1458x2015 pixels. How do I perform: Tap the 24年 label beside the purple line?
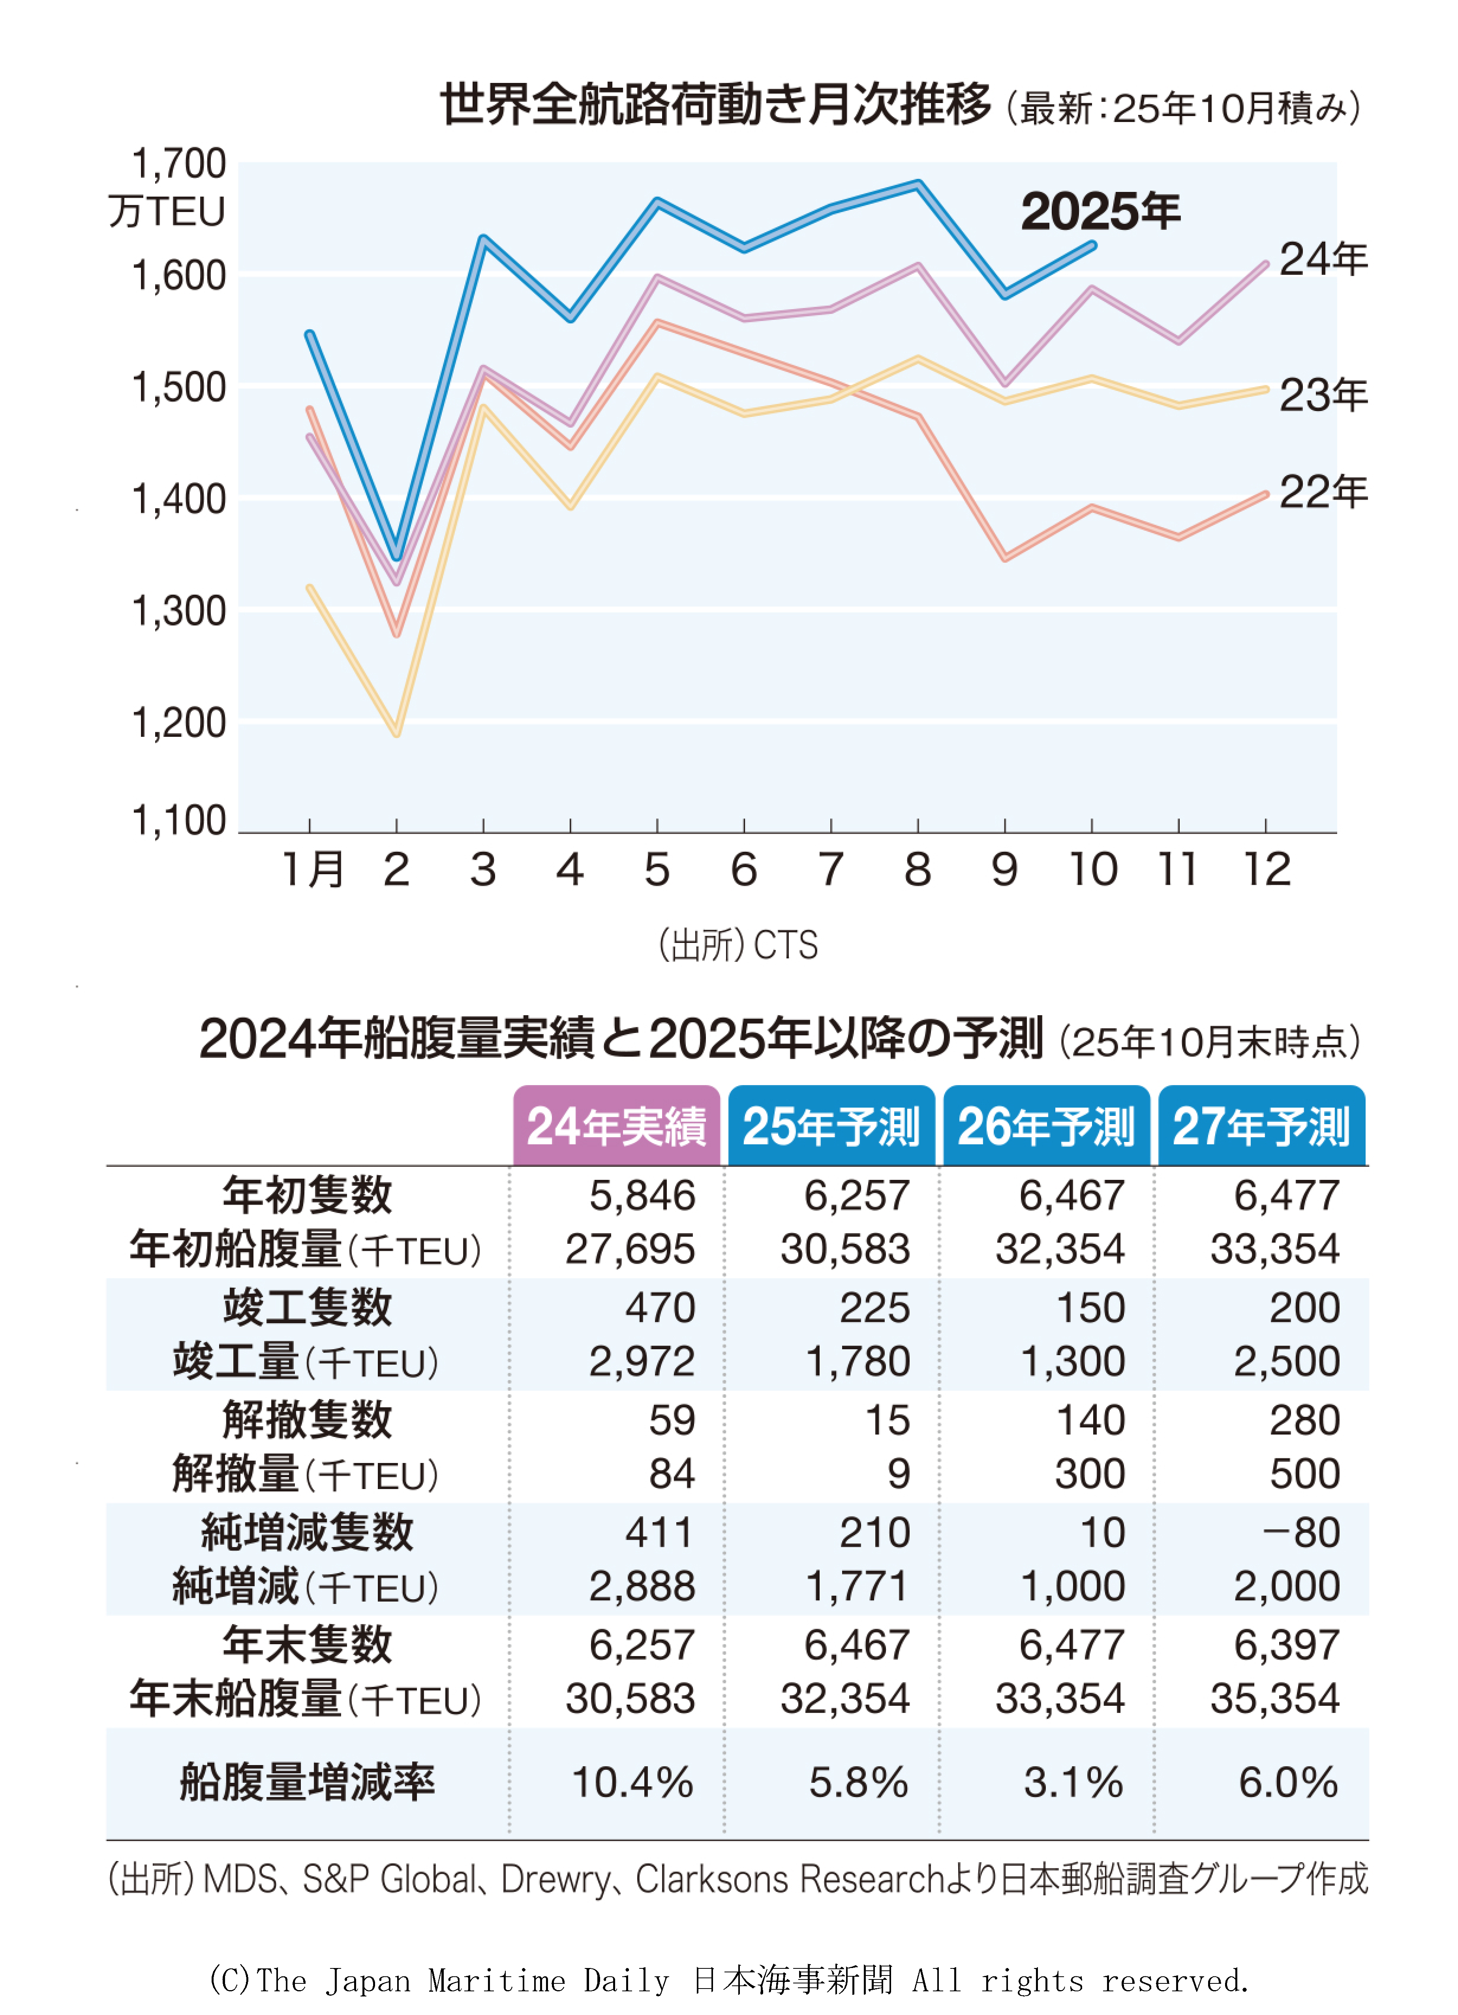click(x=1322, y=259)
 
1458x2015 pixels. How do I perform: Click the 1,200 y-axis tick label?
click(x=178, y=724)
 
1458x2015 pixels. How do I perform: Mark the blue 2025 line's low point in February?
click(x=396, y=557)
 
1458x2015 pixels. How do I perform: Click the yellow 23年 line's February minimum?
click(x=396, y=733)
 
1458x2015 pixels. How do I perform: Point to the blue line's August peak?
click(x=918, y=184)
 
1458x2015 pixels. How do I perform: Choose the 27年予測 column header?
click(x=1261, y=1126)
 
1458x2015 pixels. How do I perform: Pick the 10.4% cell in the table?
click(x=632, y=1782)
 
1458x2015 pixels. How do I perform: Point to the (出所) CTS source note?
click(x=737, y=945)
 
